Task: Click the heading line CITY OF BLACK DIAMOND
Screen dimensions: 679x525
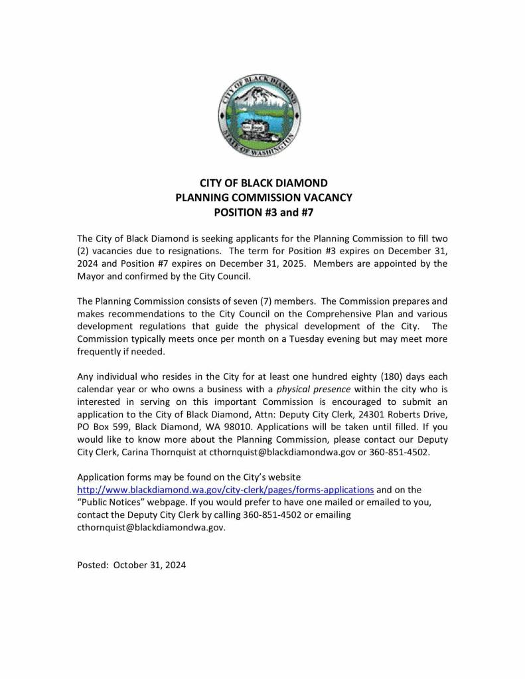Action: pos(263,183)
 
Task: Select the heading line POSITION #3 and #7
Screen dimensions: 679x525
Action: pos(263,213)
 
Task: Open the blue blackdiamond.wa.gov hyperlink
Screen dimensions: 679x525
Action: pos(226,490)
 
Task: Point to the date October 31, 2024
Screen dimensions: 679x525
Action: pos(150,566)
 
